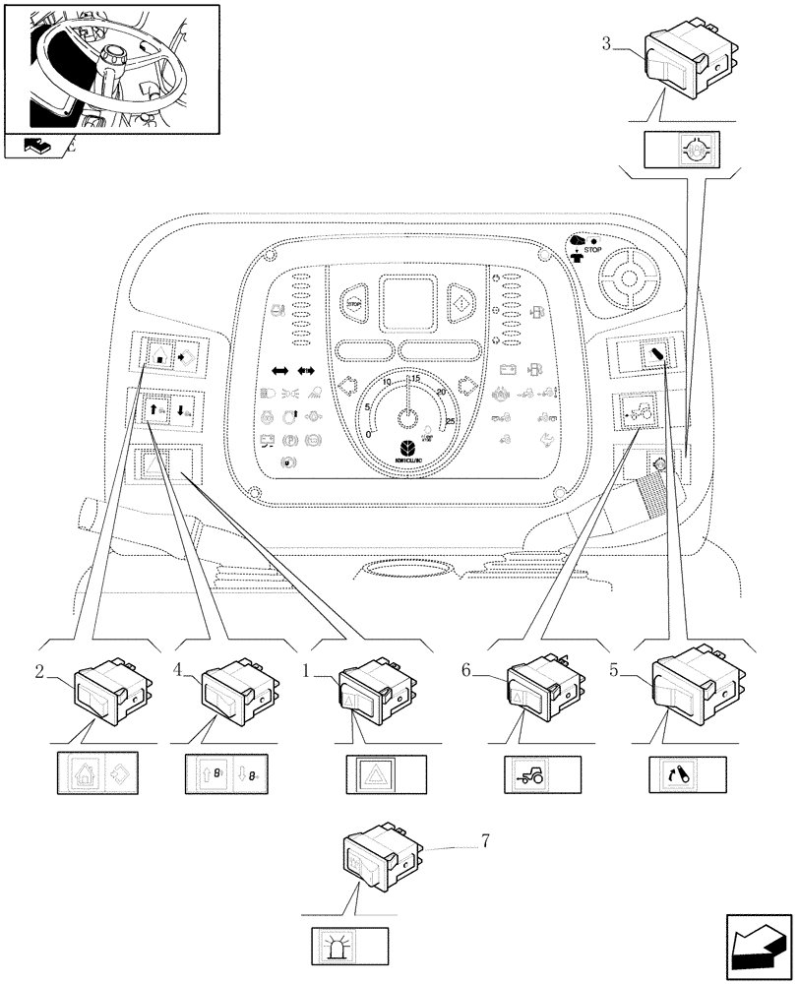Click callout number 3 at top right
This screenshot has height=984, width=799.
(x=606, y=43)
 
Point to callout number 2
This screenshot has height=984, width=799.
(x=39, y=672)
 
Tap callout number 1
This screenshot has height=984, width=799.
(x=309, y=672)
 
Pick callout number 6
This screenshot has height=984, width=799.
(x=467, y=670)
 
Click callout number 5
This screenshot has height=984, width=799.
(x=614, y=672)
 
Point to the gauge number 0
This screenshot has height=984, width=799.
(x=368, y=433)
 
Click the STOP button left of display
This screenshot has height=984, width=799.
(x=355, y=304)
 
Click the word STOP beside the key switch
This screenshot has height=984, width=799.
(x=591, y=251)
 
